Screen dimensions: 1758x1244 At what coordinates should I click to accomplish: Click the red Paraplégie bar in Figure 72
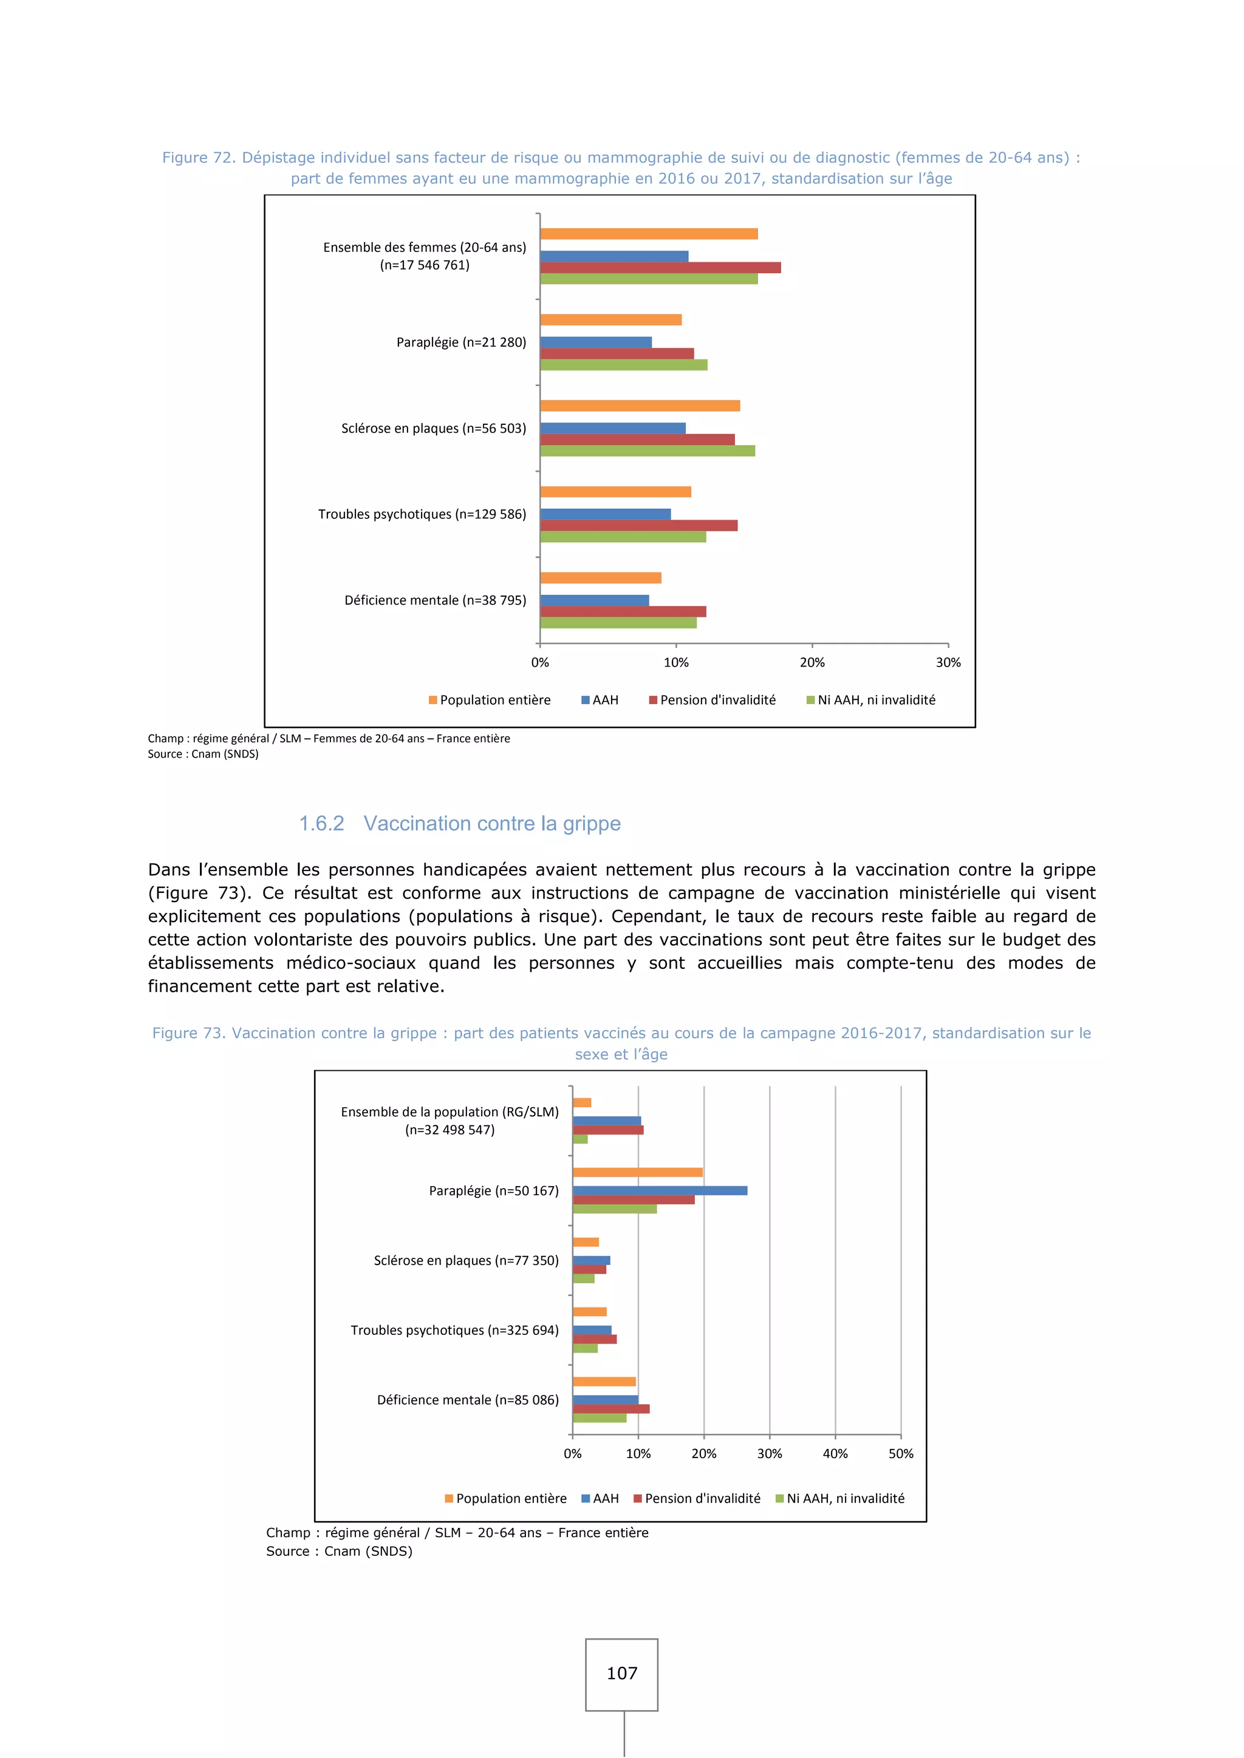click(x=617, y=354)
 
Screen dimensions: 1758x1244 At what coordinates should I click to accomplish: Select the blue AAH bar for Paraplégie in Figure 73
click(x=660, y=1190)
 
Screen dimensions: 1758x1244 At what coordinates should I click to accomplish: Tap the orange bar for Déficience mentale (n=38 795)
click(x=601, y=578)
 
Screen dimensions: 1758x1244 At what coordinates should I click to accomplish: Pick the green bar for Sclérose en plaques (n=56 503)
click(x=648, y=451)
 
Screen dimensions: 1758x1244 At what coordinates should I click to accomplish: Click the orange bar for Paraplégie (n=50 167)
click(x=637, y=1172)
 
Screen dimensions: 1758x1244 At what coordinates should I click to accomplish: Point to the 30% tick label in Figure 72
click(x=948, y=662)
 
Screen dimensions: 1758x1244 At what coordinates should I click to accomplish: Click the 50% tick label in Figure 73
click(x=901, y=1453)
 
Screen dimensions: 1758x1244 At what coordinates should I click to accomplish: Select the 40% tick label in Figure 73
click(x=835, y=1453)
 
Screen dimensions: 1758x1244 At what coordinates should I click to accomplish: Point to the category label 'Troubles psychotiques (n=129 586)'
click(x=422, y=515)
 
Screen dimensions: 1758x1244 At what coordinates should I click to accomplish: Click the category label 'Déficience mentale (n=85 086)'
click(x=467, y=1400)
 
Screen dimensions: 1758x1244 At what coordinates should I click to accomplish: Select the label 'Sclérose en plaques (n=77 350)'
click(x=466, y=1260)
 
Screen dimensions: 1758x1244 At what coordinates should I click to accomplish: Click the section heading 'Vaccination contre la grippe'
click(x=492, y=824)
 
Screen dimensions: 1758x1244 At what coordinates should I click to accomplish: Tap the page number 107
click(x=621, y=1673)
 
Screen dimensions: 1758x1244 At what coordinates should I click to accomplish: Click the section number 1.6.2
click(x=322, y=824)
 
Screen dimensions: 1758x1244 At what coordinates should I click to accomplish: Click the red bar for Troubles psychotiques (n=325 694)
click(x=595, y=1339)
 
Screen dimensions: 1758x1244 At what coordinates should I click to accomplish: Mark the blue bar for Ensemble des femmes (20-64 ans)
click(x=613, y=257)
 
